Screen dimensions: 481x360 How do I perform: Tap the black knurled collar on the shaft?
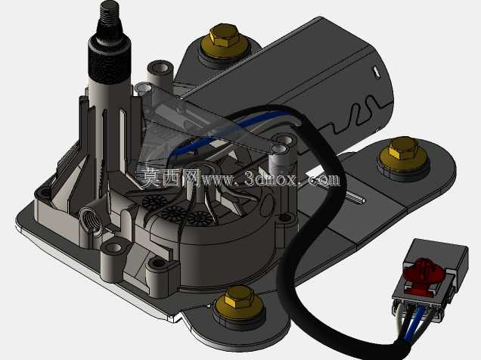[110, 60]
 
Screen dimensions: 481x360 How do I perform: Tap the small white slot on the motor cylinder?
[375, 71]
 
